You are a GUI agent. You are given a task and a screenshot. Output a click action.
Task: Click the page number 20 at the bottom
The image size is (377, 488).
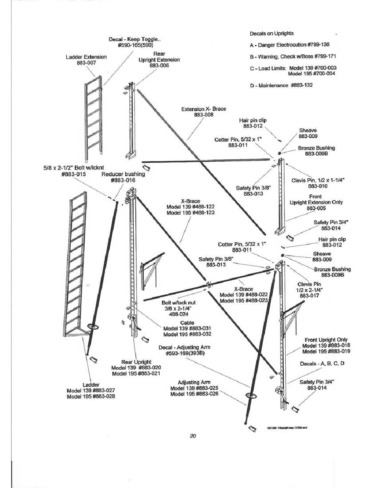click(x=193, y=436)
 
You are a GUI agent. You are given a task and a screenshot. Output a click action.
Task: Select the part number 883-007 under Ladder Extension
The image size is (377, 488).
click(x=86, y=63)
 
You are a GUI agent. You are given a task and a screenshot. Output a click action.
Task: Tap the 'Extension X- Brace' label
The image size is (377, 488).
click(x=204, y=109)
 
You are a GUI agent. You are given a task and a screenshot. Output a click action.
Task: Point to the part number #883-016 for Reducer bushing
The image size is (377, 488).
click(x=123, y=180)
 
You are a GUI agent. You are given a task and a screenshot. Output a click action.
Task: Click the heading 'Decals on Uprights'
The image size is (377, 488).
click(x=272, y=33)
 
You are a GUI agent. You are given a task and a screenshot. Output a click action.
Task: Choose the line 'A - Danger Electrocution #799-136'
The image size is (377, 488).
click(x=290, y=45)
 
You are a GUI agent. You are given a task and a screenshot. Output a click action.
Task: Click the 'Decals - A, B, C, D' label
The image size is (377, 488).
click(x=322, y=363)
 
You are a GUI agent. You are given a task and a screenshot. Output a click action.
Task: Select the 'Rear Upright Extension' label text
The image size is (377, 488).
click(x=159, y=60)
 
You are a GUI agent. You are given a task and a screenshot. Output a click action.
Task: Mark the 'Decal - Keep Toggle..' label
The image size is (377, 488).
click(x=135, y=39)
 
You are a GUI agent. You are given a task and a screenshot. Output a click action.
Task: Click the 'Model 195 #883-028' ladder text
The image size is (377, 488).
click(x=91, y=396)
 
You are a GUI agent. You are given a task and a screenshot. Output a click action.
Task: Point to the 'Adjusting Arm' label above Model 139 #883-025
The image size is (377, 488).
click(x=194, y=382)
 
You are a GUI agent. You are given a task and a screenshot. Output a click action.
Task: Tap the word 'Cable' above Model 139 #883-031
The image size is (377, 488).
click(x=187, y=323)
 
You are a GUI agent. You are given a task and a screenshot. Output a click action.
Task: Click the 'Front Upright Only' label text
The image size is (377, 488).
click(x=326, y=340)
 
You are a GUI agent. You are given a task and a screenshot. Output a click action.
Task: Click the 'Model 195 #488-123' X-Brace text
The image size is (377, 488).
click(x=190, y=213)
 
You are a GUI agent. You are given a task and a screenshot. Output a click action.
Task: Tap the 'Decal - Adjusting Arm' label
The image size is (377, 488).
click(x=184, y=347)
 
